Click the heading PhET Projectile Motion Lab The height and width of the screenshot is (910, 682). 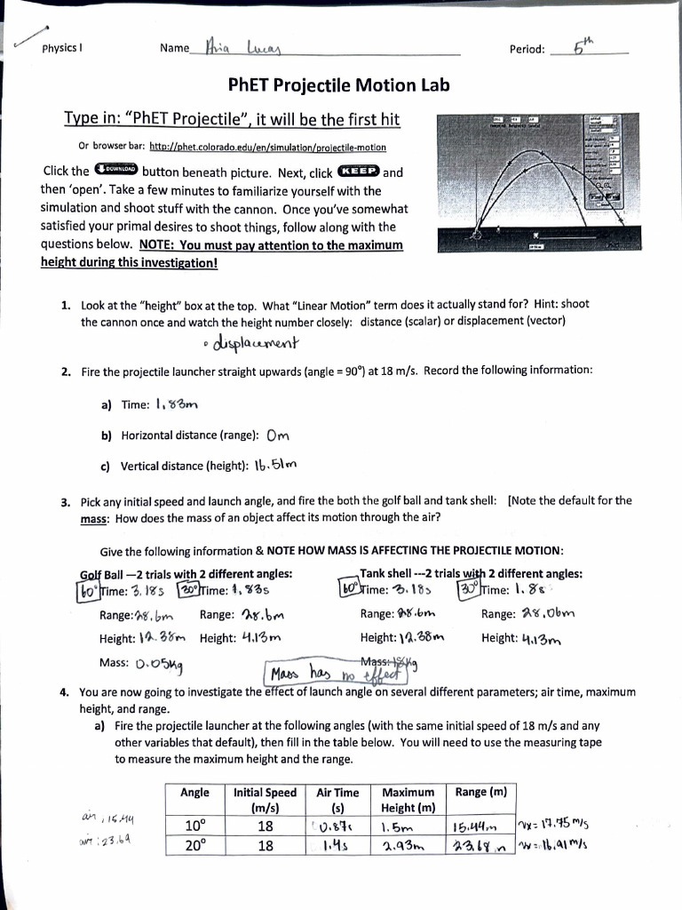tap(338, 85)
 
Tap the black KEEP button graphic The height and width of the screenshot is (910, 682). tap(356, 171)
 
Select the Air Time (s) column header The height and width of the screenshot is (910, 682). tap(337, 800)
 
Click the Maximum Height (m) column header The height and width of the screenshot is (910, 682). tap(408, 800)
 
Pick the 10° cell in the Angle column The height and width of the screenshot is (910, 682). tap(195, 824)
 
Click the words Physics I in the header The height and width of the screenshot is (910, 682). tap(63, 49)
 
